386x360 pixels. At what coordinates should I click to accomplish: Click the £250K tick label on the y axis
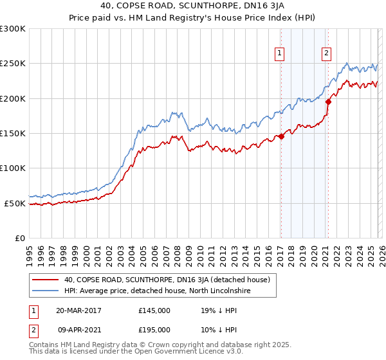tap(12, 64)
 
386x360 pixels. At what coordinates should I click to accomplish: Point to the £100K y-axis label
tap(12, 168)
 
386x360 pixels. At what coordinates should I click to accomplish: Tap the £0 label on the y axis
tap(19, 238)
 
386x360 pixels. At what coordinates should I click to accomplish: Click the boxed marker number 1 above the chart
tap(280, 53)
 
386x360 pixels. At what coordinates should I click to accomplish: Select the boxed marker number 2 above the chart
tap(327, 53)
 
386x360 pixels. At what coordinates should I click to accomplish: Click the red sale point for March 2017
tap(281, 136)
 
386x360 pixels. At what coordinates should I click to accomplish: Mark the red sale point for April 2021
tap(327, 102)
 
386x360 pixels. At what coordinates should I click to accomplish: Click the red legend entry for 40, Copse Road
tap(170, 280)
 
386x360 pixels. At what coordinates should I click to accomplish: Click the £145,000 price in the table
tap(154, 310)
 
